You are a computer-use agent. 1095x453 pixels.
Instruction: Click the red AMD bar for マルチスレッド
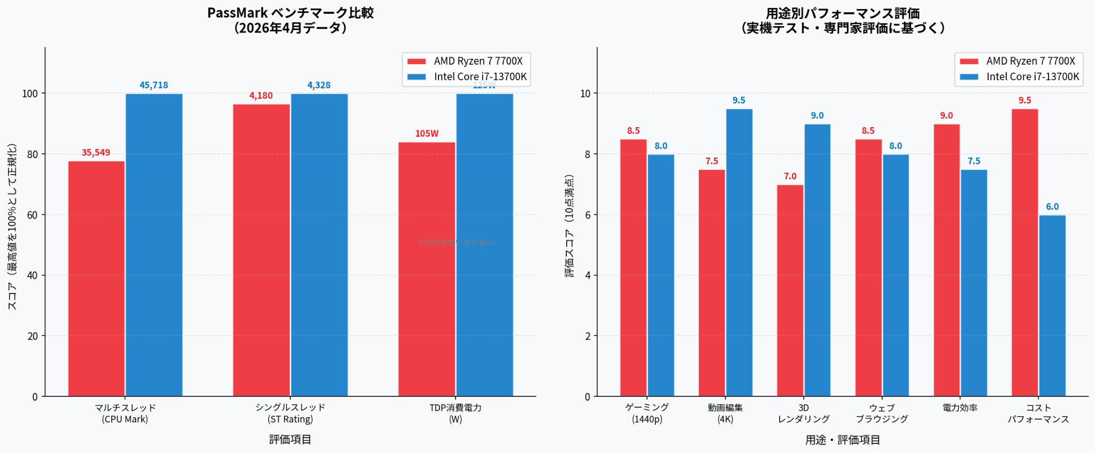pyautogui.click(x=96, y=278)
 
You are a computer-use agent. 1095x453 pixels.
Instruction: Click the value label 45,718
pyautogui.click(x=154, y=85)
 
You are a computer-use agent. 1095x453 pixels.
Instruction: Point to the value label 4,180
pyautogui.click(x=261, y=96)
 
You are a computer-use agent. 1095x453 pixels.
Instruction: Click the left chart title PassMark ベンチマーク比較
pyautogui.click(x=290, y=13)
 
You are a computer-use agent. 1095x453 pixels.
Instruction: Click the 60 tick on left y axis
pyautogui.click(x=32, y=215)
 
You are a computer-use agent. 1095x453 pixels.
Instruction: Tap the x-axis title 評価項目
pyautogui.click(x=290, y=440)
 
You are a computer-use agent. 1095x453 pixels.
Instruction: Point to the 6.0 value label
pyautogui.click(x=1052, y=207)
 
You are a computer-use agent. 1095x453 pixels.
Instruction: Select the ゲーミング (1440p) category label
pyautogui.click(x=647, y=413)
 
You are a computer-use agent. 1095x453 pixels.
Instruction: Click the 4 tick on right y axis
pyautogui.click(x=588, y=276)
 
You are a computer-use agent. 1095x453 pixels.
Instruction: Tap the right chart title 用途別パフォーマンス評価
pyautogui.click(x=843, y=13)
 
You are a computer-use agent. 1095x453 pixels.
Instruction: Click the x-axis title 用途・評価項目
pyautogui.click(x=843, y=440)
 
